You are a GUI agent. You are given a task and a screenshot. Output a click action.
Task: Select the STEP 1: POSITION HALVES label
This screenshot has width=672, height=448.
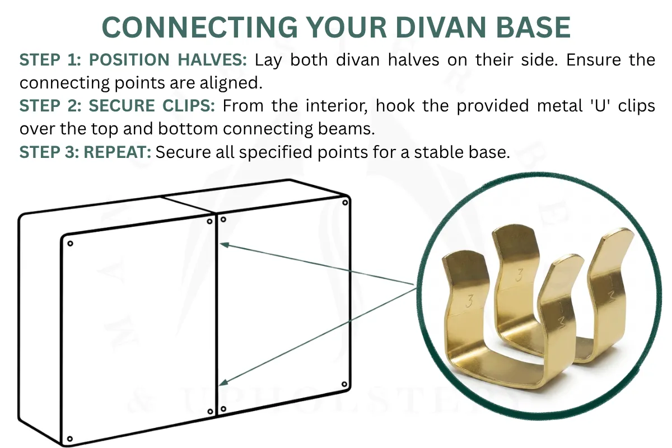(x=133, y=60)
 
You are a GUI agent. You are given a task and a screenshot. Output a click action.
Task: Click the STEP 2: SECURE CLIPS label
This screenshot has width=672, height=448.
(x=120, y=106)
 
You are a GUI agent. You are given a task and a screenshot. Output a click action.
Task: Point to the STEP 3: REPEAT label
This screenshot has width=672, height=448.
(x=85, y=152)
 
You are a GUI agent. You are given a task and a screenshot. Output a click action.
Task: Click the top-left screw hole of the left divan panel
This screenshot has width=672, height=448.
(x=71, y=243)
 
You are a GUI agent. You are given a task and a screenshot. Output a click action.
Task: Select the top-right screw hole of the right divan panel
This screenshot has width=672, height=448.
(x=344, y=201)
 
